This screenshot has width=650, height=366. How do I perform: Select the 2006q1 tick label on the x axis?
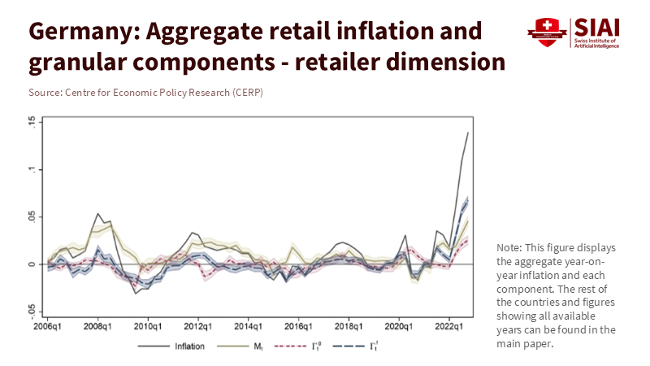(x=47, y=326)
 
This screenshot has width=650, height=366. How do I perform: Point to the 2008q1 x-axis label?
(x=97, y=326)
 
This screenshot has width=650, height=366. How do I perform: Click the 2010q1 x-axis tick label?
(x=148, y=326)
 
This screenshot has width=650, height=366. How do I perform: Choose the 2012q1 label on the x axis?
(x=198, y=326)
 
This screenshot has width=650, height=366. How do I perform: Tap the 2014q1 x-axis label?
(x=248, y=326)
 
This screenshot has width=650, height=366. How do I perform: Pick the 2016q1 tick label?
(x=298, y=326)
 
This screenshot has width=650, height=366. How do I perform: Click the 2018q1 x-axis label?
(x=349, y=326)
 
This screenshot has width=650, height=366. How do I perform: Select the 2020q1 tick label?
(x=399, y=326)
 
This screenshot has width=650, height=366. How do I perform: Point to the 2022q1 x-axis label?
(x=449, y=326)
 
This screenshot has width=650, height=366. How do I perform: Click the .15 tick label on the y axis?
(x=31, y=122)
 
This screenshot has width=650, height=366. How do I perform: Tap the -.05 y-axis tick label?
(x=31, y=311)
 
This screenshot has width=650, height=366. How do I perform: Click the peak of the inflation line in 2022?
(x=468, y=133)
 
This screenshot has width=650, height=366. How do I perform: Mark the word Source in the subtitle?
(x=43, y=93)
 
